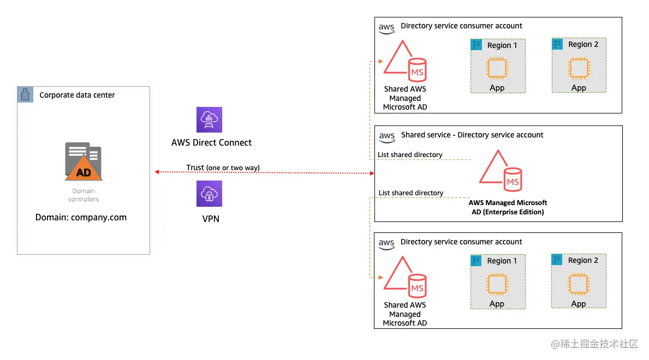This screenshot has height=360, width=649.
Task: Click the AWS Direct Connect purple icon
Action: coord(210,120)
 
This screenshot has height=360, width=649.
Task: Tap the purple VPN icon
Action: coord(210,194)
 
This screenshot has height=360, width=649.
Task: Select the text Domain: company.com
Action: coord(81,217)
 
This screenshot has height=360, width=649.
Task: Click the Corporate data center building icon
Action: coord(25,95)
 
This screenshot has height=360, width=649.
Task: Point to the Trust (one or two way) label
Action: coord(223,167)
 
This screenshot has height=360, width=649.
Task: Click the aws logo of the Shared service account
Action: coord(387,136)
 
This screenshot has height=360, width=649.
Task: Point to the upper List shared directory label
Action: coord(410,155)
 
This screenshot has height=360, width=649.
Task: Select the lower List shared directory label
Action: coord(411,193)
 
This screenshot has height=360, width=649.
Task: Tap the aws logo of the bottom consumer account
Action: coord(386,243)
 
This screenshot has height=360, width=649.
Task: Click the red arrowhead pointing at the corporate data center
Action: coord(157,172)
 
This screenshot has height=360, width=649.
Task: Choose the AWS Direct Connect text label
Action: coord(211,143)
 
